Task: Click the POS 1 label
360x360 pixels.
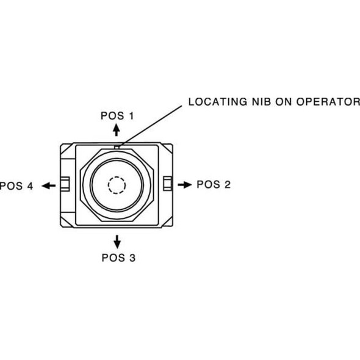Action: coord(117,116)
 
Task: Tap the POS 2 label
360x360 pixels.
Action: coord(214,184)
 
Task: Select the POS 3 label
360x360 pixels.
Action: coord(118,257)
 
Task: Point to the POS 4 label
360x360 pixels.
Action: coord(16,185)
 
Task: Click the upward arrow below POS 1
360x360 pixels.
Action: coord(117,130)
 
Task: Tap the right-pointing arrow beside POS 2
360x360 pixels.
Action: coord(185,185)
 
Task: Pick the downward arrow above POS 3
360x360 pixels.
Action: coord(117,242)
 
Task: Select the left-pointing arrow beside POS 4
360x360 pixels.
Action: coord(49,185)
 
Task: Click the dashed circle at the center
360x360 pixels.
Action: coord(117,185)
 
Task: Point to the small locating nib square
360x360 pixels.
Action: coord(117,147)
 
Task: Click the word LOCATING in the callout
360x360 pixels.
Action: coord(218,102)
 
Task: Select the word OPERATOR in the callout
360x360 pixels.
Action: coord(328,102)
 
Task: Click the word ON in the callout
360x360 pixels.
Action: coord(284,102)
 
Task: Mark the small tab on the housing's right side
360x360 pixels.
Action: coord(167,183)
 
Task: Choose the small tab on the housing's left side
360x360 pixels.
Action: coord(65,184)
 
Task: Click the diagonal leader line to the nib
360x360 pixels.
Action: coord(151,126)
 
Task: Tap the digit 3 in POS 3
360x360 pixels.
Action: coord(132,257)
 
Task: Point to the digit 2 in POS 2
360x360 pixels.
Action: coord(228,184)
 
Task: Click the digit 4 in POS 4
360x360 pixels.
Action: coord(30,185)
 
